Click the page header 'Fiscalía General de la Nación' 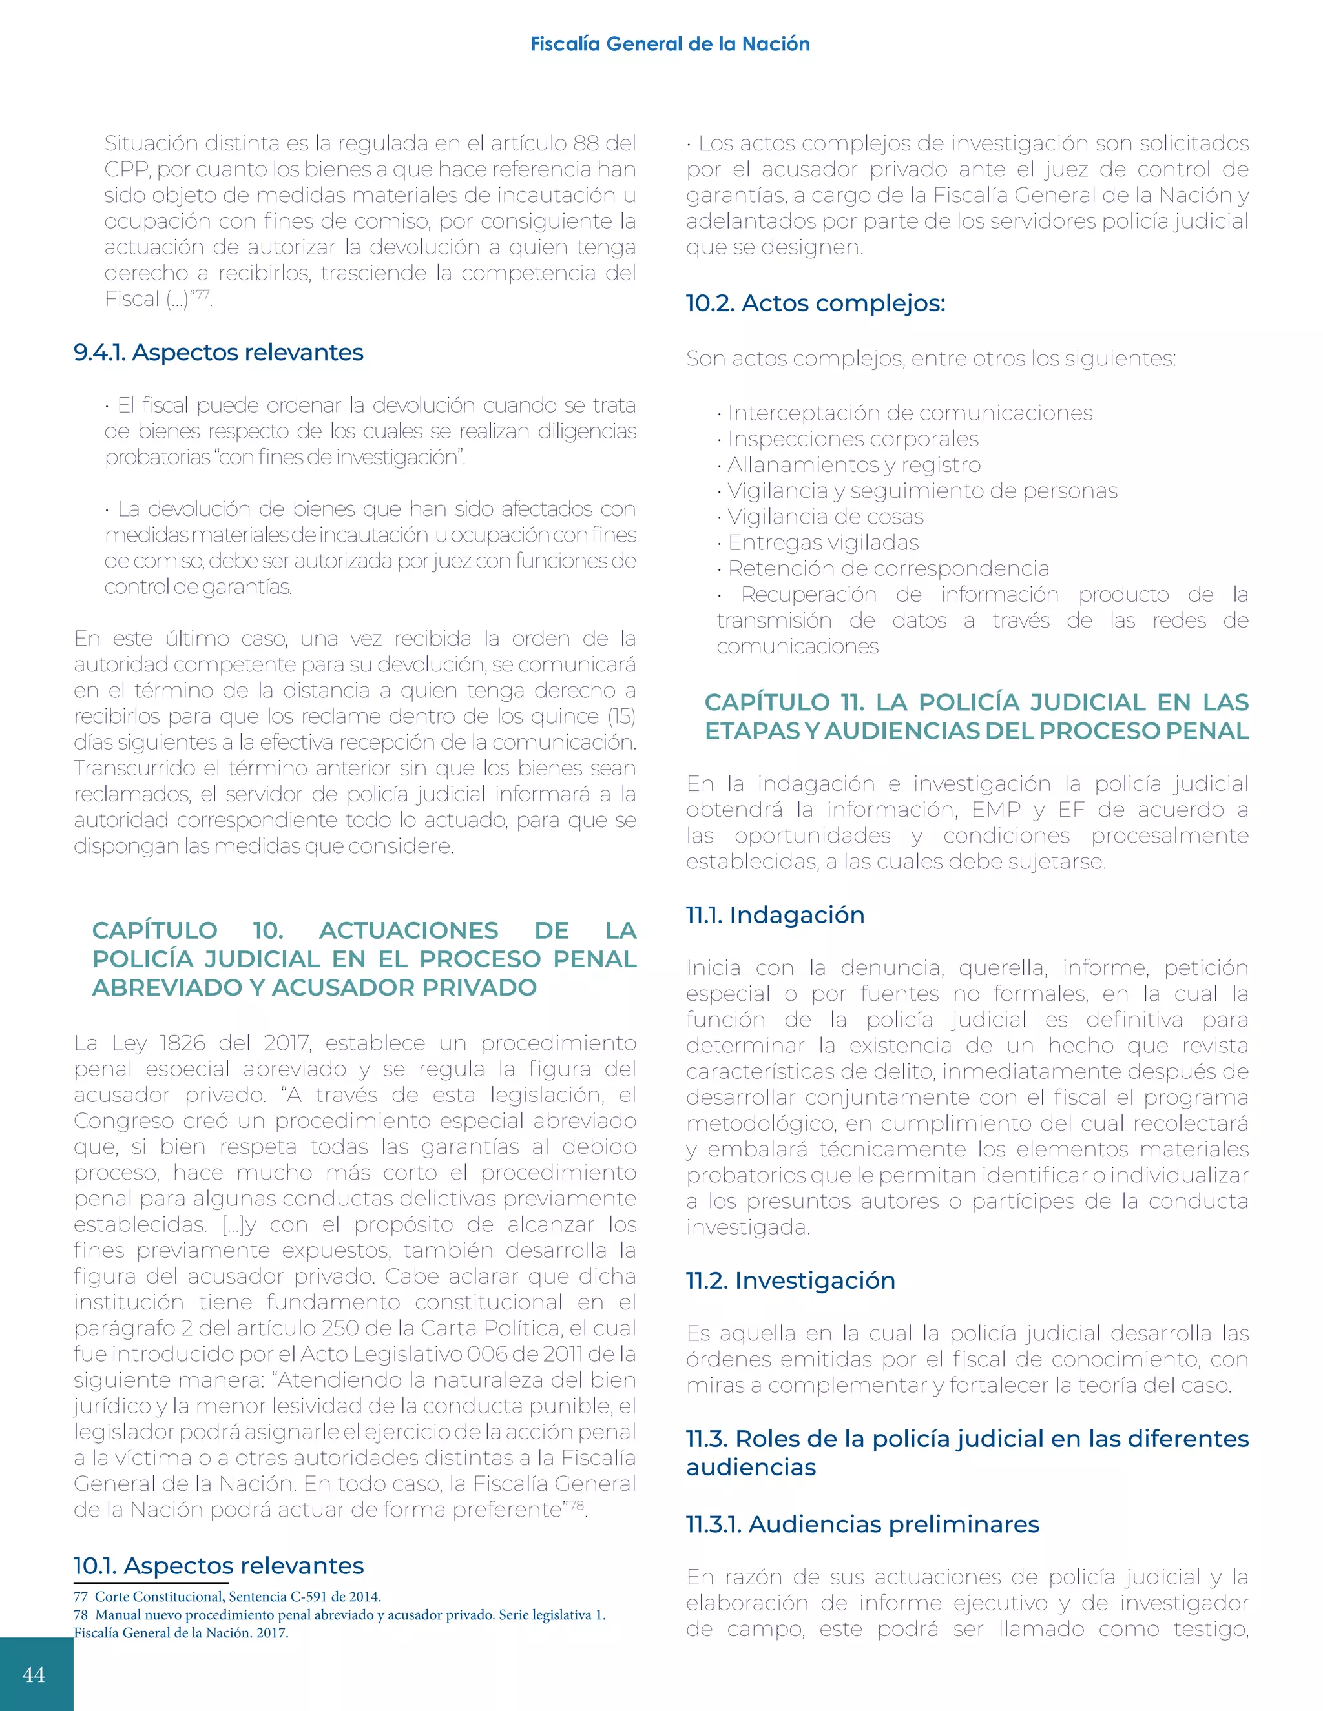tap(669, 44)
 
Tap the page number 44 tap(34, 1674)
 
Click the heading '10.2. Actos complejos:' tap(815, 303)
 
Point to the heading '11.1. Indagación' tap(775, 915)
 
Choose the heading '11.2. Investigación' tap(790, 1280)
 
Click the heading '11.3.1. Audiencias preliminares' tap(862, 1524)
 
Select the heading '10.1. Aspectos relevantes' tap(219, 1565)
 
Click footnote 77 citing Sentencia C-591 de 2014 tap(227, 1597)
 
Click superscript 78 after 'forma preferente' tap(576, 1505)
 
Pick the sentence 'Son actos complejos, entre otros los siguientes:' tap(930, 359)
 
